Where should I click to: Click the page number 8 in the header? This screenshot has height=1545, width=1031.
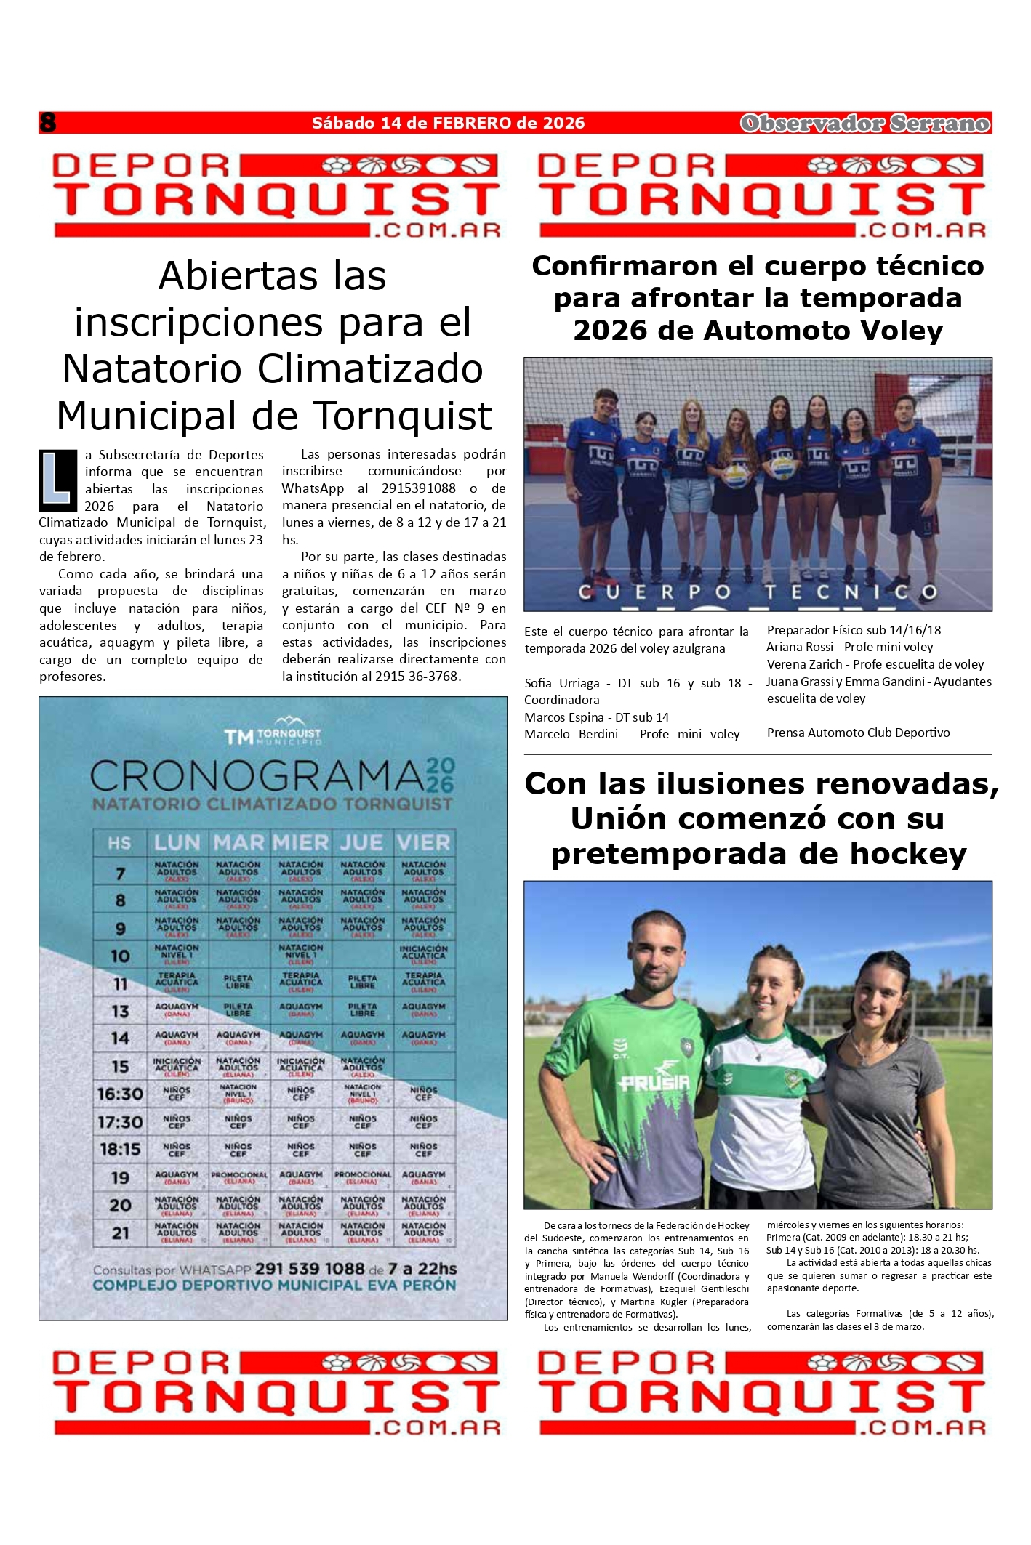click(x=47, y=122)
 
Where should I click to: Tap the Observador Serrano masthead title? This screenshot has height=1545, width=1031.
click(x=865, y=124)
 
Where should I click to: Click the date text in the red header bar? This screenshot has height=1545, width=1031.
click(x=448, y=123)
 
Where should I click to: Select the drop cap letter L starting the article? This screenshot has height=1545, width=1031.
click(x=57, y=480)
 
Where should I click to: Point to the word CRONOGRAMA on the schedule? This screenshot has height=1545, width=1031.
click(x=256, y=777)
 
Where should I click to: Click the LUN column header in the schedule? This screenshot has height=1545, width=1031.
click(x=177, y=843)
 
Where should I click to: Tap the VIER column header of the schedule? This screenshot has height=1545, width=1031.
click(x=424, y=843)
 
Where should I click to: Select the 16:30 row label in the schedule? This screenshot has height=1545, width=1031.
click(x=121, y=1094)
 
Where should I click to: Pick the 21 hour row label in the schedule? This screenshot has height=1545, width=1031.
click(x=121, y=1233)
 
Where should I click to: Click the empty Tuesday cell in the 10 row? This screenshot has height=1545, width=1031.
click(x=238, y=954)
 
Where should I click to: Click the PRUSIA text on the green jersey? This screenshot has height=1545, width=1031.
click(x=653, y=1083)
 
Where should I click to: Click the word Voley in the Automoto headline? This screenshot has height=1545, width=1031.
click(x=902, y=331)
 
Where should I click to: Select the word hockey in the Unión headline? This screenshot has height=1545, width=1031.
click(x=908, y=854)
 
